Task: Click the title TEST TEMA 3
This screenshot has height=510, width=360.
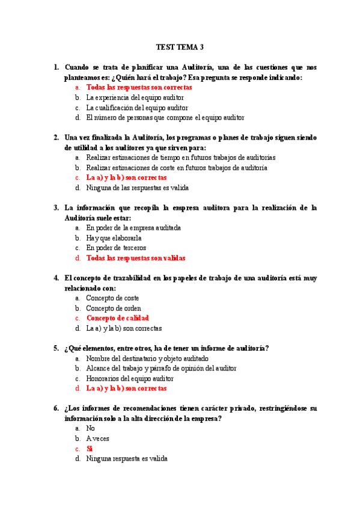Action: [180, 46]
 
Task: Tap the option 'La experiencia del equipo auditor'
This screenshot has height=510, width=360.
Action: [135, 97]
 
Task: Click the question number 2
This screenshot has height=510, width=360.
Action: [56, 137]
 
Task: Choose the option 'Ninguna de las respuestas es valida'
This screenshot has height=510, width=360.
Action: [137, 188]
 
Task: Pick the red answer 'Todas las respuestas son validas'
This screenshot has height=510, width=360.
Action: [135, 258]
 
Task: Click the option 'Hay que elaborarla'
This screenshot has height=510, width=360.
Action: [110, 238]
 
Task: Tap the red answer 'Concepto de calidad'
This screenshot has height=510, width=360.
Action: [117, 318]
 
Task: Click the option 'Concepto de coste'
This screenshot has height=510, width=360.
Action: [112, 298]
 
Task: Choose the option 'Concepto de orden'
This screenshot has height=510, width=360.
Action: [114, 308]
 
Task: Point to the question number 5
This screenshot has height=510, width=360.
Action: [56, 348]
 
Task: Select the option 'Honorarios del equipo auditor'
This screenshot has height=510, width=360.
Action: [129, 379]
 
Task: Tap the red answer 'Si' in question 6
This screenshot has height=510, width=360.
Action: [90, 449]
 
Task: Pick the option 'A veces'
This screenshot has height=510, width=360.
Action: [97, 438]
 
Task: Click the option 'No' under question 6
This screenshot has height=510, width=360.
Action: [91, 428]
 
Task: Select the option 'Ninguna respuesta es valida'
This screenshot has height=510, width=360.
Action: [126, 459]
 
